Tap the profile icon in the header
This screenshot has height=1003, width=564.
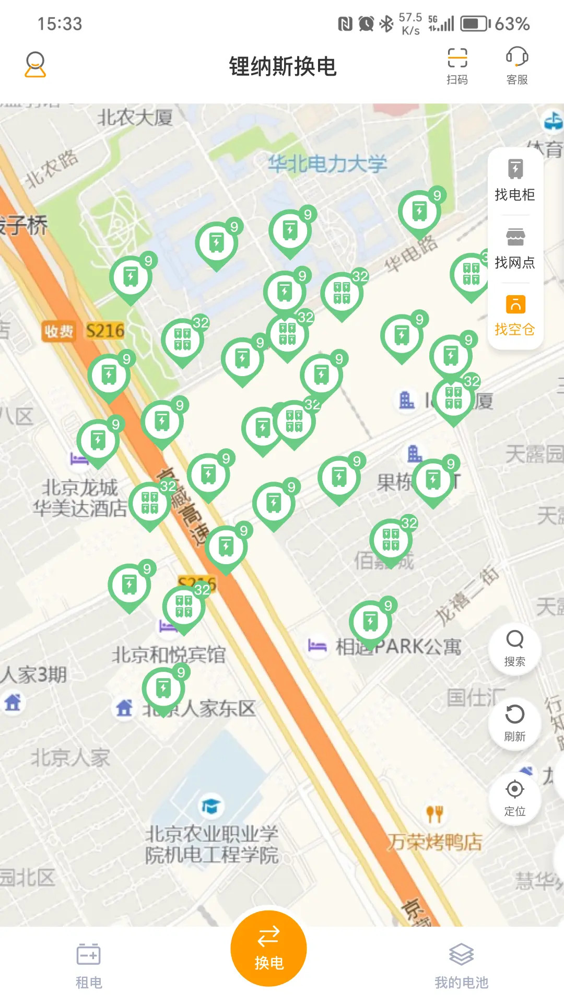[36, 65]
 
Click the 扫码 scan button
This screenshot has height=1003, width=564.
[457, 65]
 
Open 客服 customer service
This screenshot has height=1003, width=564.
[517, 65]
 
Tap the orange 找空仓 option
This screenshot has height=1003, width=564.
[515, 315]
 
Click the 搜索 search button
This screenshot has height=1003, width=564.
[515, 648]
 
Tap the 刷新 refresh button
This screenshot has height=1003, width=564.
[515, 723]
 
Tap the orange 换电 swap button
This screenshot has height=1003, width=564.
[268, 948]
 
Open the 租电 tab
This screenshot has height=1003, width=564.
[89, 966]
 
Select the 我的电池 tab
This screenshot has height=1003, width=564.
[461, 966]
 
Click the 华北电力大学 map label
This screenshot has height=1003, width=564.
[327, 164]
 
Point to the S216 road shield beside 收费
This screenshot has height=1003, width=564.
[105, 331]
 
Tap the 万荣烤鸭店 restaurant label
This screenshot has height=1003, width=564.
[434, 842]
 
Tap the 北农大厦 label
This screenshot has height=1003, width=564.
[135, 118]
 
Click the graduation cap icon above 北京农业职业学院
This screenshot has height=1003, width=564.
[210, 806]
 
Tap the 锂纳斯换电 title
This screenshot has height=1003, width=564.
[283, 66]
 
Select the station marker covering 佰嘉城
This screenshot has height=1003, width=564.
[391, 541]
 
